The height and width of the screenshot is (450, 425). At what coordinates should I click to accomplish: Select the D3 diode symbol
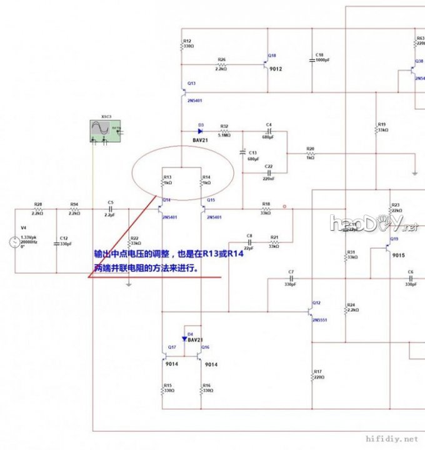[x=201, y=131]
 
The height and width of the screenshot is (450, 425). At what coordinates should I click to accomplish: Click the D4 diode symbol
[x=185, y=339]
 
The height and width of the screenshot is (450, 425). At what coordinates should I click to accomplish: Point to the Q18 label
[x=271, y=56]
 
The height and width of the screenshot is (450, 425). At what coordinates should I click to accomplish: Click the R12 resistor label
[x=187, y=41]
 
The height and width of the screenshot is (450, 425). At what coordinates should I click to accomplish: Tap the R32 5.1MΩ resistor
[x=224, y=131]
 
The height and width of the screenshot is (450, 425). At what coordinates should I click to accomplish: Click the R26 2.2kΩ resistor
[x=222, y=65]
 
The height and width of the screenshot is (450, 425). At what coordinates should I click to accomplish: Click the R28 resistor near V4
[x=37, y=209]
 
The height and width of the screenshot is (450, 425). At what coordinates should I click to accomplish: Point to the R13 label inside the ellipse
[x=167, y=177]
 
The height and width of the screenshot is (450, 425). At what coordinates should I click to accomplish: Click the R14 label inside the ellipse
[x=207, y=177]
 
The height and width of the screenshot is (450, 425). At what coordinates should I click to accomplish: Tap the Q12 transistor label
[x=317, y=302]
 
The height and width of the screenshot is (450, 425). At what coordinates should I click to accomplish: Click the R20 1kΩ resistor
[x=310, y=153]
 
